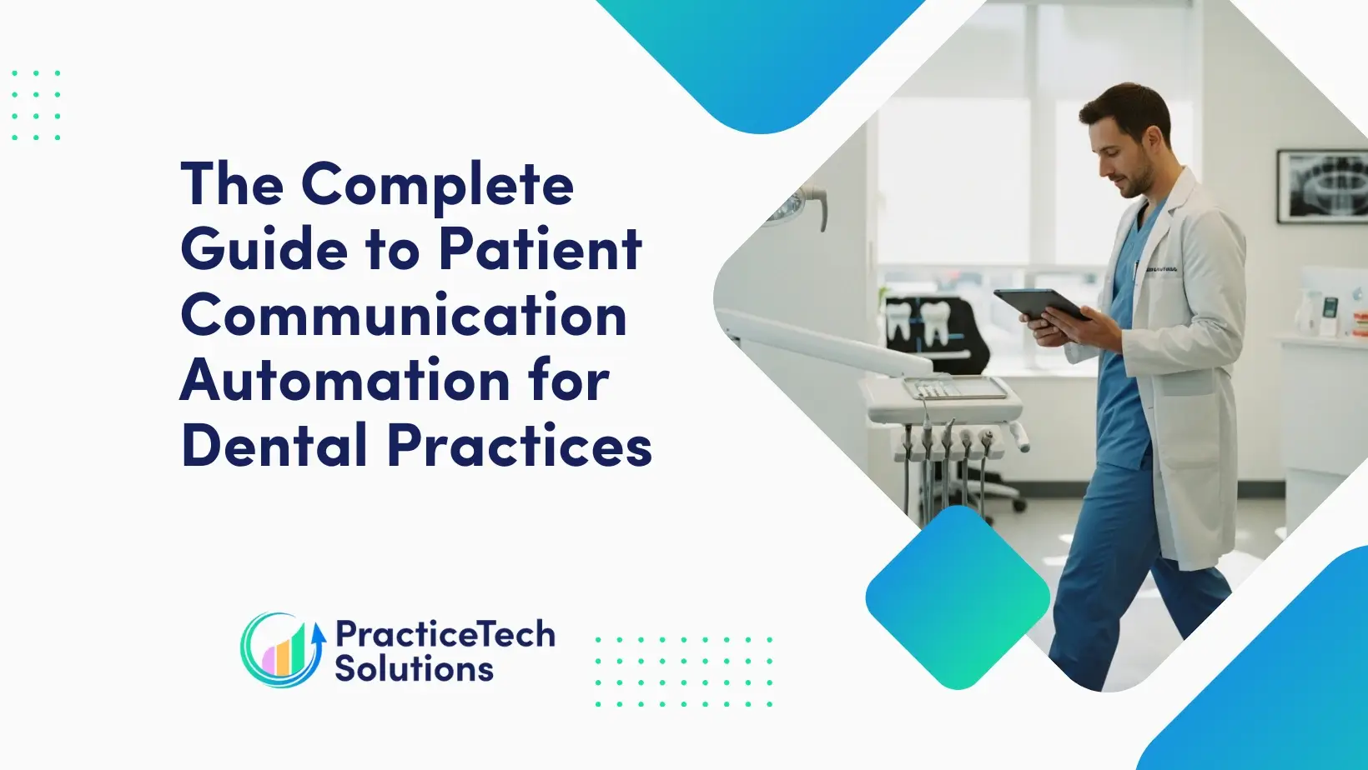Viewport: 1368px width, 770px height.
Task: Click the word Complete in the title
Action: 437,185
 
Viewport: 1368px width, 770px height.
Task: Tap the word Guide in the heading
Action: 264,249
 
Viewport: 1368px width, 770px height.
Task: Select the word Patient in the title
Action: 541,249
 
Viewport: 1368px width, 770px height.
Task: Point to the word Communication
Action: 404,315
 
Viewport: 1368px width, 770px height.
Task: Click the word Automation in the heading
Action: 345,381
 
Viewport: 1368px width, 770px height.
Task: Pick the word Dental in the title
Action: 274,445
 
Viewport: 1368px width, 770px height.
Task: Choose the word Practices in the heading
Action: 519,445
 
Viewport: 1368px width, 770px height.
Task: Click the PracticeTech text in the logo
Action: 445,634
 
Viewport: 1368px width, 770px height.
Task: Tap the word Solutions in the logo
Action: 414,669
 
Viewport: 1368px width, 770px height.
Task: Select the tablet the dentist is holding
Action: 1039,305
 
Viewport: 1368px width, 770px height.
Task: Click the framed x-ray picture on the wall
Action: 1321,186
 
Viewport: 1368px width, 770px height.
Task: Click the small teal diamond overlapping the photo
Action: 958,597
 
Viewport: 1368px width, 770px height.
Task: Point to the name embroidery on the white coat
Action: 1160,269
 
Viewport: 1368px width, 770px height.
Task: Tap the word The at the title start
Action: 232,185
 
